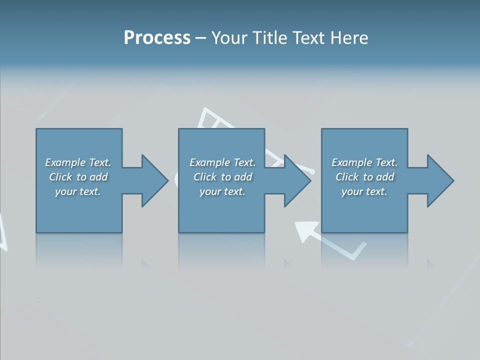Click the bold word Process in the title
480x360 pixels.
tap(157, 38)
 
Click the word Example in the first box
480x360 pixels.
tap(65, 162)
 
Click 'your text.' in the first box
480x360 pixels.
tap(78, 191)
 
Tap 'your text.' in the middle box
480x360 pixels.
tap(222, 191)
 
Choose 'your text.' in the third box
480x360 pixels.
tap(364, 191)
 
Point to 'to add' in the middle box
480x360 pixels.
tap(236, 177)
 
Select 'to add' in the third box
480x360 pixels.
tap(378, 177)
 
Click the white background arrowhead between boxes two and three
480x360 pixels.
tap(304, 230)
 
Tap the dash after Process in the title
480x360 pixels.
tap(200, 38)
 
